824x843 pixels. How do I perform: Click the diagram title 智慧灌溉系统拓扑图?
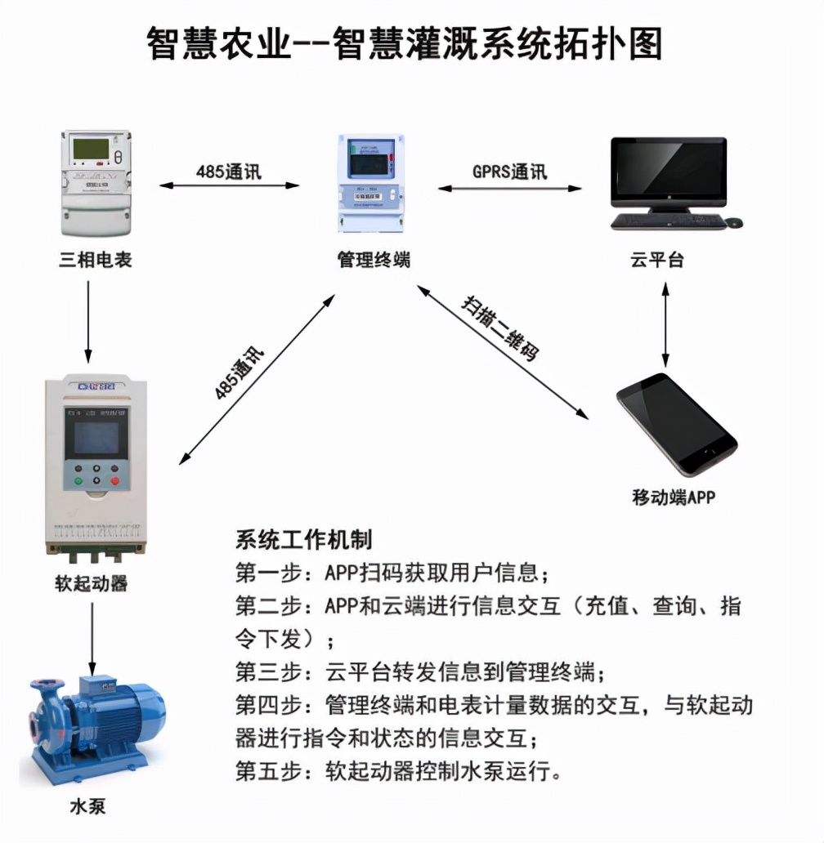pyautogui.click(x=405, y=42)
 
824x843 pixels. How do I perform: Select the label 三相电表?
pyautogui.click(x=95, y=261)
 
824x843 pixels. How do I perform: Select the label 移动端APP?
pyautogui.click(x=673, y=497)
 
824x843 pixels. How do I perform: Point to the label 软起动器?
pyautogui.click(x=92, y=583)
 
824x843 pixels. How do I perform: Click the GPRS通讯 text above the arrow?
pyautogui.click(x=510, y=172)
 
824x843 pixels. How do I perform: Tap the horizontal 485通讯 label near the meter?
pyautogui.click(x=229, y=172)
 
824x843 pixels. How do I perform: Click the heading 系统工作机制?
pyautogui.click(x=303, y=540)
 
